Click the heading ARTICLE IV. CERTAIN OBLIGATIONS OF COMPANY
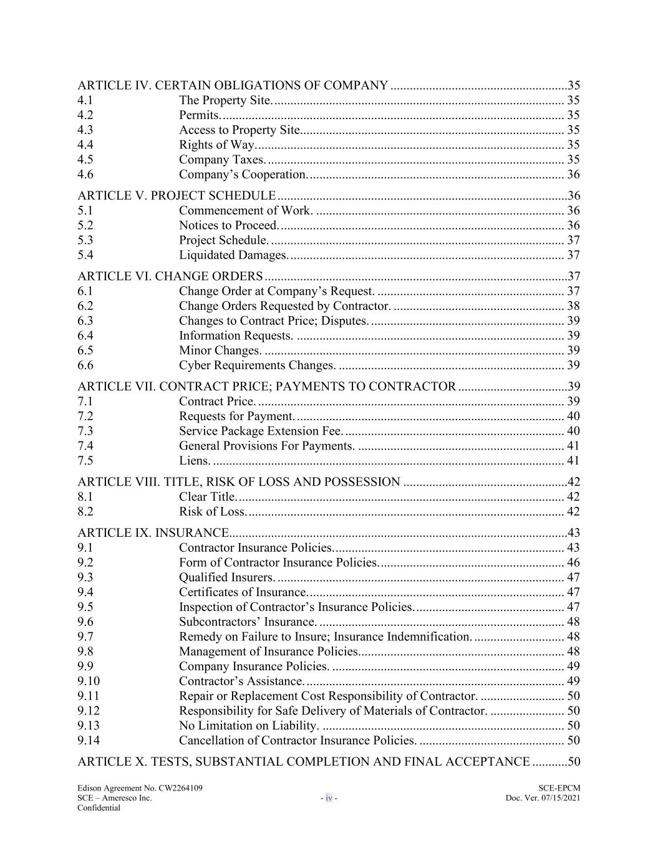point(233,85)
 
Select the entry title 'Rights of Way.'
point(217,145)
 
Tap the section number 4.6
point(85,175)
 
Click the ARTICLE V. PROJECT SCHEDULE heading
point(177,196)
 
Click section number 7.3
point(85,431)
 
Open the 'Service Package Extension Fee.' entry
point(261,431)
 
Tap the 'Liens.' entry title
point(195,461)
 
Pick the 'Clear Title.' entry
point(208,497)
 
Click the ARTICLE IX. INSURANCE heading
point(153,533)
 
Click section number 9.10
point(89,681)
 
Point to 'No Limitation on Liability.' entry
point(249,726)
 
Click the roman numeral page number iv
point(329,798)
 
